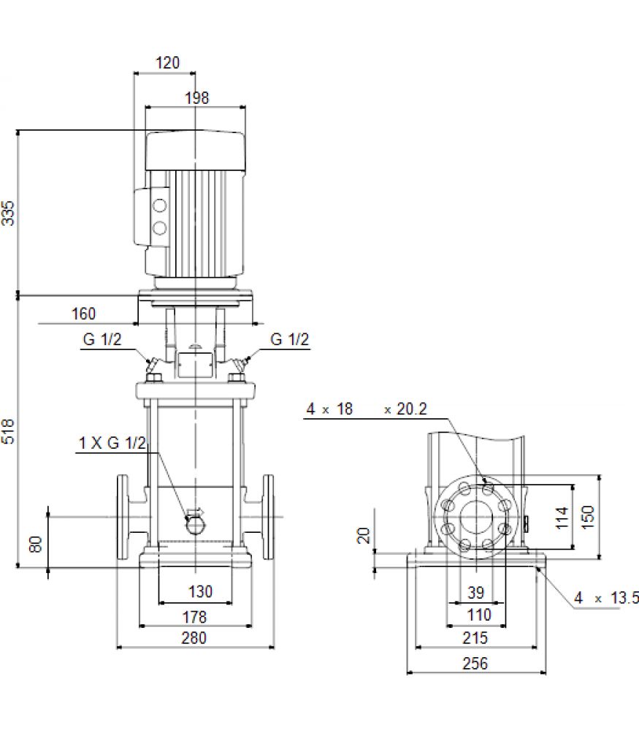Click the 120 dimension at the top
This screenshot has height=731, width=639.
tap(167, 62)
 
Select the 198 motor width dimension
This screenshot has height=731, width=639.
tap(197, 98)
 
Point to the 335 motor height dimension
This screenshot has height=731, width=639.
tap(8, 213)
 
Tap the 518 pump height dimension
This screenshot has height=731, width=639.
tap(8, 431)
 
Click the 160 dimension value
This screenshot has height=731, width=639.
tap(83, 314)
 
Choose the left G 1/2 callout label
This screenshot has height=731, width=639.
tap(102, 339)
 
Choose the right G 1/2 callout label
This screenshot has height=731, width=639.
tap(290, 339)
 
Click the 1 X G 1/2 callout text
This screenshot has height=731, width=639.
tap(112, 442)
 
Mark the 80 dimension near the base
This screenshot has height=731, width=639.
tap(35, 544)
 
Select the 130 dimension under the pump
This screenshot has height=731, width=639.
tap(200, 591)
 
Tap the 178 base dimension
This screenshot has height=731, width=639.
tap(194, 617)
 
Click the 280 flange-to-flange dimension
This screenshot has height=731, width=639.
tap(194, 637)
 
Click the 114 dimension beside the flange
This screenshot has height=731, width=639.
tap(562, 518)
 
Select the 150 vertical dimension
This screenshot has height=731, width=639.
tap(588, 517)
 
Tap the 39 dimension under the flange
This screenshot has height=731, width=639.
tap(476, 593)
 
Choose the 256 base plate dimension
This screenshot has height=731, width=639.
tap(475, 663)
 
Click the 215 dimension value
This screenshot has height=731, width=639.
tap(475, 637)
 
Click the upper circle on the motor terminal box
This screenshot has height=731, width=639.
tap(160, 205)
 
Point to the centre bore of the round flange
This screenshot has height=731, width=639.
tap(476, 517)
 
